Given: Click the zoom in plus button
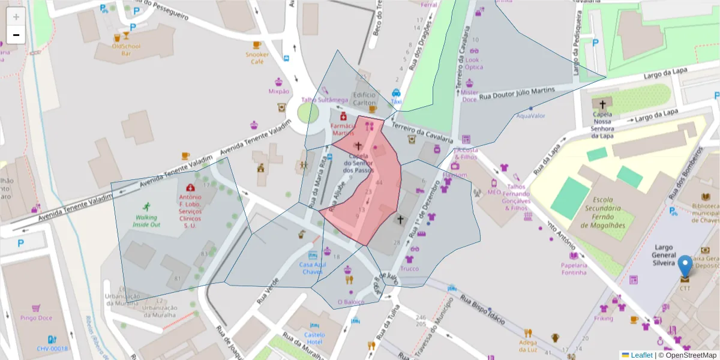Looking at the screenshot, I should pos(16,17).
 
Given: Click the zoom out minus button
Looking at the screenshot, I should pos(16,35).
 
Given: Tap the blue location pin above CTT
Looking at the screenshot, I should pos(685,267).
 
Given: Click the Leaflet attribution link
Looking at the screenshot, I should pos(641,355).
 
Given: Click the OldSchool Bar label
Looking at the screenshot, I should pos(126,49).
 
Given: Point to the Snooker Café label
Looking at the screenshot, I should pos(257,58).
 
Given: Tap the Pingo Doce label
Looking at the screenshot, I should pos(35,318).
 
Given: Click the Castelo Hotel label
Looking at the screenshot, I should pos(314,338).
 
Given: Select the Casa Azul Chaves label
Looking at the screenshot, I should pos(312,268).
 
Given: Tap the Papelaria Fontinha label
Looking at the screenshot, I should pos(574,268).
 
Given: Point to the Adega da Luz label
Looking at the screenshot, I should pos(528,346).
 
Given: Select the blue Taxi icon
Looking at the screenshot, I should pos(396,93).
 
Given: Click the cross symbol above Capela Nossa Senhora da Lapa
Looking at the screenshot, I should pos(602,104).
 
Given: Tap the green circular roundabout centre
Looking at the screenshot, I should pos(308,113).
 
